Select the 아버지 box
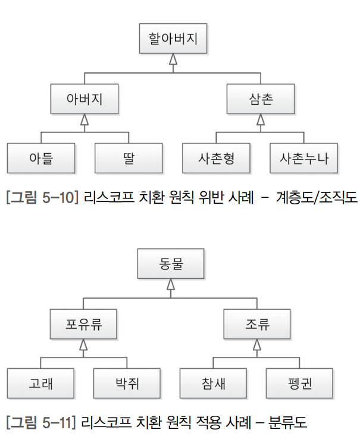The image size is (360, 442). click(x=84, y=99)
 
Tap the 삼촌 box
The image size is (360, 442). click(x=260, y=99)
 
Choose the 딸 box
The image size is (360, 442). click(x=128, y=158)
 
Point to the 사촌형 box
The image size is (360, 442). click(x=216, y=158)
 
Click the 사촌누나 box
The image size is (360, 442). click(x=303, y=158)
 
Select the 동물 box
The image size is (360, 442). click(x=171, y=264)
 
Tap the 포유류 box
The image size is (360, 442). click(x=83, y=325)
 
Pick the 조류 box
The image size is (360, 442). click(x=258, y=325)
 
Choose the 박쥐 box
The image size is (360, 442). click(x=127, y=383)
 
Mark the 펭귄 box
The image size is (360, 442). click(x=299, y=383)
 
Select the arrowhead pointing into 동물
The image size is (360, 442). click(x=171, y=284)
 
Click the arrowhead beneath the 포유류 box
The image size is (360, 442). click(x=83, y=344)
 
